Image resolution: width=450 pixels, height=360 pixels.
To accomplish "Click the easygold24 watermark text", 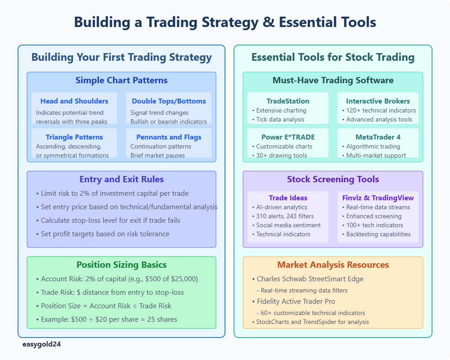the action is click(x=41, y=344).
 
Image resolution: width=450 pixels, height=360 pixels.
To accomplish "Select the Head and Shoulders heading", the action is click(x=74, y=101).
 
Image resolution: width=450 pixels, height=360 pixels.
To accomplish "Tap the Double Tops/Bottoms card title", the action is click(x=169, y=101).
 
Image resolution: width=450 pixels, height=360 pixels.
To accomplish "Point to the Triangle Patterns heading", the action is click(x=74, y=137).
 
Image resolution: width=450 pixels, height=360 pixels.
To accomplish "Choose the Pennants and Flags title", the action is click(x=169, y=137).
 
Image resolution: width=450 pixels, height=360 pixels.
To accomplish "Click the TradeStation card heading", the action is click(x=288, y=101).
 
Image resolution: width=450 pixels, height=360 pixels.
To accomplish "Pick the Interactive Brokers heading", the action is click(x=378, y=101).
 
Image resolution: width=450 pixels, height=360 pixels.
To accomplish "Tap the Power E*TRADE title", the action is click(x=288, y=137).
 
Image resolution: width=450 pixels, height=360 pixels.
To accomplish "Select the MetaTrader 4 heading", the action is click(x=378, y=137).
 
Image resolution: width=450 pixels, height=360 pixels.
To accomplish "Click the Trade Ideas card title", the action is click(x=288, y=198).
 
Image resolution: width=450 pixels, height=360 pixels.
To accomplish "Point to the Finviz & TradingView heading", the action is click(x=378, y=198).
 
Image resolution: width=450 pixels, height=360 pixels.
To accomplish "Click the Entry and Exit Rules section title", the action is click(x=121, y=179).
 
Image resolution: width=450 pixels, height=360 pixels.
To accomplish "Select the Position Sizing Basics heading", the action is click(x=121, y=265).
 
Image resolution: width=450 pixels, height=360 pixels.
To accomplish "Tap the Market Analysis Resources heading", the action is click(x=333, y=265).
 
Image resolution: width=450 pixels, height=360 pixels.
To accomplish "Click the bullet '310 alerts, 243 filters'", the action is click(x=283, y=216).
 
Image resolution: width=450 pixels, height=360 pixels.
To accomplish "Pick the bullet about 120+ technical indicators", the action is click(x=379, y=111).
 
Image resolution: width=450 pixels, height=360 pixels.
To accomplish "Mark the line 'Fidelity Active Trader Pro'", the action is click(x=293, y=301).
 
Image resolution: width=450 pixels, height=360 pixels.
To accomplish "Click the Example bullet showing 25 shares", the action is click(x=107, y=319).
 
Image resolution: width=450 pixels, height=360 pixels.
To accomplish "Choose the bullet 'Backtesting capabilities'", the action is click(x=376, y=234).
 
